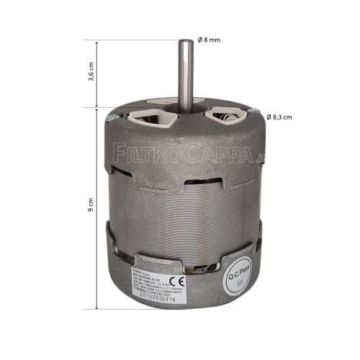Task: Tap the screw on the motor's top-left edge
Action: pos(110,117)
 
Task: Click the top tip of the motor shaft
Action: pos(187,42)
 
